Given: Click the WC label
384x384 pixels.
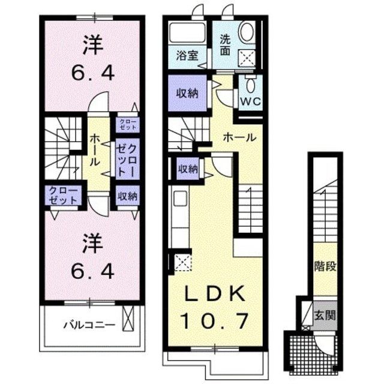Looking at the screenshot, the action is (x=251, y=101).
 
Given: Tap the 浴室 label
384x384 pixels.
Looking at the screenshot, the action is (x=187, y=56).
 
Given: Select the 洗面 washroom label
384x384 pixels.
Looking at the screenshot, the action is (x=225, y=45).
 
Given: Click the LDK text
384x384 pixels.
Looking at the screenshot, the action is (x=215, y=293).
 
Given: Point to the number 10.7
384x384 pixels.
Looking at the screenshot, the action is (x=215, y=321).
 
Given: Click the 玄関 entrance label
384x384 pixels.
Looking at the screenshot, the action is (x=325, y=315).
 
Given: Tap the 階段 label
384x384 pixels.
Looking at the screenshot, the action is (x=325, y=266).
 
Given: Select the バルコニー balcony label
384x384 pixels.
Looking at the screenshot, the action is (x=89, y=325).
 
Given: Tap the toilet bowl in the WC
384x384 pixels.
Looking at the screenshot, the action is (x=251, y=85).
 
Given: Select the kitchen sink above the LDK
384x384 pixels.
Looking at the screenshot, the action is (x=180, y=199).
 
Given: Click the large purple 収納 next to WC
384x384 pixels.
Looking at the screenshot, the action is (x=187, y=93).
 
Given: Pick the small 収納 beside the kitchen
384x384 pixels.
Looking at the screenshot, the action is (x=188, y=169).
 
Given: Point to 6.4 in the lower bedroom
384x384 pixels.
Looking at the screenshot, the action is (x=93, y=271).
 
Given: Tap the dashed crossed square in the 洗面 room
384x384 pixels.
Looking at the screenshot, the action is (x=247, y=58).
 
